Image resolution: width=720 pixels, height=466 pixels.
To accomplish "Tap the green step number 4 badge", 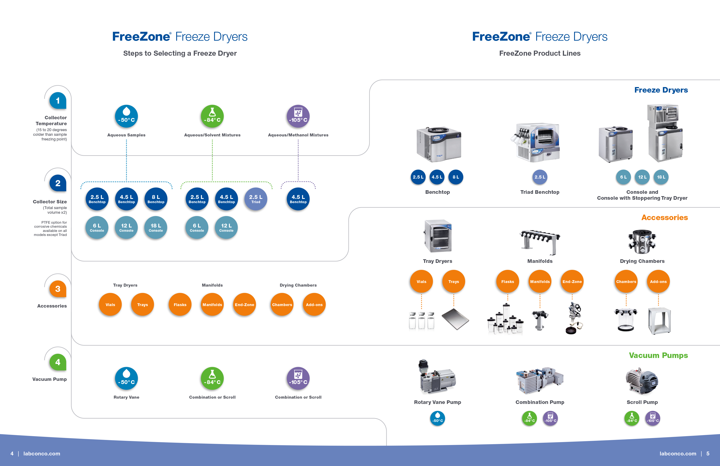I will (x=58, y=362).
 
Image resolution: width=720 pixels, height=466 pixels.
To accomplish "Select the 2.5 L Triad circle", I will (x=256, y=199).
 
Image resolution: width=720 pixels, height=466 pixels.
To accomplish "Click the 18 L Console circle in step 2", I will (x=156, y=227).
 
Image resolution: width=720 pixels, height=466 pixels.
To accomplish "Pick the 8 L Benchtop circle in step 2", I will (x=156, y=199).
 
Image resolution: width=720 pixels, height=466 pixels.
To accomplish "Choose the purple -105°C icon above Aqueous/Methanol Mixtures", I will (x=298, y=116).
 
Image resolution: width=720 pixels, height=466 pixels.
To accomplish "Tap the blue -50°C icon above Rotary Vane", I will (x=126, y=378).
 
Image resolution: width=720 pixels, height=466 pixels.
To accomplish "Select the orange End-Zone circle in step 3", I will (x=244, y=304).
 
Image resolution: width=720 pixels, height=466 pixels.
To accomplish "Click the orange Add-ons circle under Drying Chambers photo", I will (x=658, y=282).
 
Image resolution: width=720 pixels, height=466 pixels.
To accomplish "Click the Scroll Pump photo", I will (x=642, y=381).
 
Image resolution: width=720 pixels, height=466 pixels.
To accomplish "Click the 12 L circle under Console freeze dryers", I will (x=642, y=177).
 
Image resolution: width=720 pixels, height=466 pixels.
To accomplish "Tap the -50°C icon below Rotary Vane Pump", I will (x=438, y=418).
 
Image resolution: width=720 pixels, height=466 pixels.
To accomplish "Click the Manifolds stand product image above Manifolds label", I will (x=540, y=242).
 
